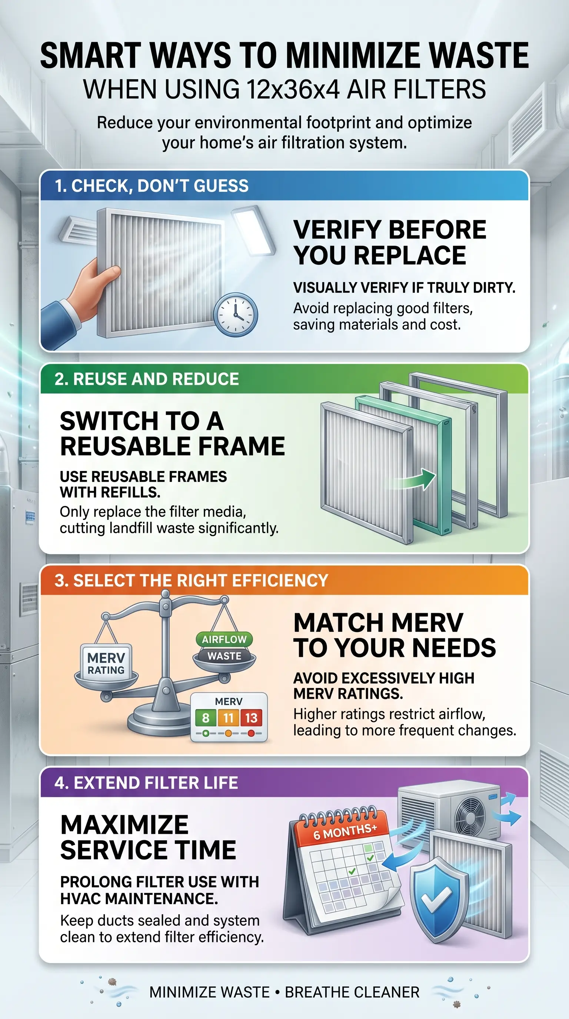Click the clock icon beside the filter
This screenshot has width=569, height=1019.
point(236,314)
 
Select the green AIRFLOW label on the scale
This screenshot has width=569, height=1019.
point(224,639)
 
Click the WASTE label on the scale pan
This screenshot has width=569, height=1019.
point(224,656)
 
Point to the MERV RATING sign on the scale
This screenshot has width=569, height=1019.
point(106,664)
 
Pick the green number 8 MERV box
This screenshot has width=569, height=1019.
point(205,718)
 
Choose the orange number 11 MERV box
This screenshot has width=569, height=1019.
point(228,718)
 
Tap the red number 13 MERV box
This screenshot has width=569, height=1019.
point(251,718)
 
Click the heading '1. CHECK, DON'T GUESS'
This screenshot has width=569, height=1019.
point(152,186)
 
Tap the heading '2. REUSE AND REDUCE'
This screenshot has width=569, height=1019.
point(147,379)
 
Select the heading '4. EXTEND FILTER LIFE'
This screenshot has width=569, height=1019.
point(146,783)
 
